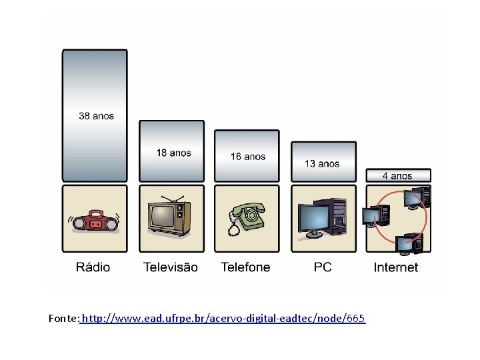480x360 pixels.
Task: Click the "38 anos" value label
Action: point(96,116)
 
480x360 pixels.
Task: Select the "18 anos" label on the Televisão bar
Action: point(173,153)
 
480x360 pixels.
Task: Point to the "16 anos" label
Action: point(248,157)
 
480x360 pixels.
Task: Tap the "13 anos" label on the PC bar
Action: point(322,163)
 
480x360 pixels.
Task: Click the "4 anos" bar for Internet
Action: point(398,176)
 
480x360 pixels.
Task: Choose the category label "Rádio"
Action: point(93,267)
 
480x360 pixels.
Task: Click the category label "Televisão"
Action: point(171,267)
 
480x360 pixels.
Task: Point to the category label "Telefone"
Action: point(246,267)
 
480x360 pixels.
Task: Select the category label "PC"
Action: point(323,267)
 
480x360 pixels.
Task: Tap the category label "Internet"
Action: point(396,267)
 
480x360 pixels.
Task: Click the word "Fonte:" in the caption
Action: point(64,318)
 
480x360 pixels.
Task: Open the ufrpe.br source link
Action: point(223,318)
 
